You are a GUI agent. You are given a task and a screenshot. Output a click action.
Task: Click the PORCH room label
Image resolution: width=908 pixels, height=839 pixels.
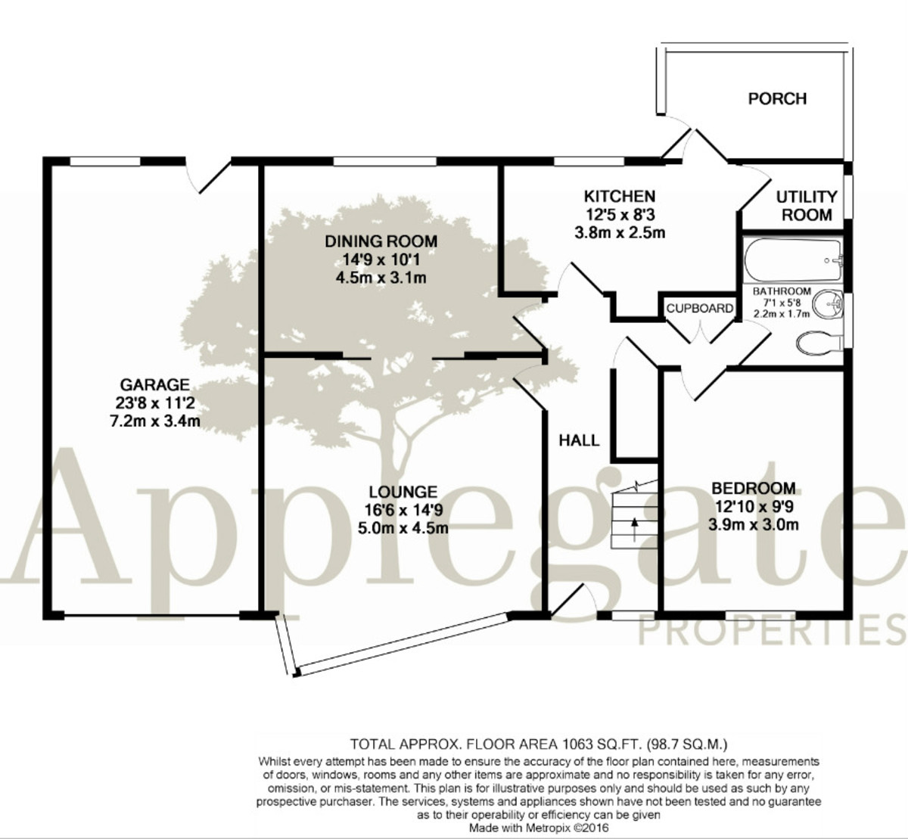(x=777, y=99)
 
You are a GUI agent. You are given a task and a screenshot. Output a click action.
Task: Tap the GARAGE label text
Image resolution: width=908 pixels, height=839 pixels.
(x=154, y=384)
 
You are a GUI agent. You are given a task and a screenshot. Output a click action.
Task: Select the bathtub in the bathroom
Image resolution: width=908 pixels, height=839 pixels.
(x=793, y=259)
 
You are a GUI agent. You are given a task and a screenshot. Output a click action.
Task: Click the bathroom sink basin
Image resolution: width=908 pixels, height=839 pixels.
(x=829, y=304)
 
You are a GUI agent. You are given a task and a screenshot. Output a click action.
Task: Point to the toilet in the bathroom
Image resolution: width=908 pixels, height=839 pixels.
(x=819, y=343)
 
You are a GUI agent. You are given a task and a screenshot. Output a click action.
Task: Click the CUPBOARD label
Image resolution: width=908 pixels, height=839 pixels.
(x=699, y=308)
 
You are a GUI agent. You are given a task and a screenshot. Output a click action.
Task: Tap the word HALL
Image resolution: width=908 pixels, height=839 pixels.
(x=579, y=440)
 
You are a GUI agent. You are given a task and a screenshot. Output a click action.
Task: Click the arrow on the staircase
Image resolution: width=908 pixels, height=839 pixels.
(x=634, y=529)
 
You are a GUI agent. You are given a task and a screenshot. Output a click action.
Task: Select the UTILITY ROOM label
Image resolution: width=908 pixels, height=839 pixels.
(x=807, y=206)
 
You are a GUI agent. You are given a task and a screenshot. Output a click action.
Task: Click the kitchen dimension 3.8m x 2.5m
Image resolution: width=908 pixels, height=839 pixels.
(x=620, y=233)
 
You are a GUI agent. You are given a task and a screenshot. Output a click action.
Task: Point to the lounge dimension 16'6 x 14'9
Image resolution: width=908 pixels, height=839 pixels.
(x=403, y=510)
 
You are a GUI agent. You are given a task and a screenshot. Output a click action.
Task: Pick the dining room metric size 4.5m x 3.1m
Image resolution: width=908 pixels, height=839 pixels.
(x=381, y=278)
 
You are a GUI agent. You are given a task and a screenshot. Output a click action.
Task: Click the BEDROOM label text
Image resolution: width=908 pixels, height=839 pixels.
(x=754, y=488)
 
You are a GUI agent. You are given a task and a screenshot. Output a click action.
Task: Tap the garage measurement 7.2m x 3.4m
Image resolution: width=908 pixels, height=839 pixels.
(x=155, y=421)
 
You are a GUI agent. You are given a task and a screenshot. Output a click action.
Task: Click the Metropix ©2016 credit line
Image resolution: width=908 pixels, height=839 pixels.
(x=539, y=828)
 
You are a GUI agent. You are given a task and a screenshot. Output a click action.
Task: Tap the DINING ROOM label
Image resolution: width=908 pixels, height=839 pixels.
(x=381, y=241)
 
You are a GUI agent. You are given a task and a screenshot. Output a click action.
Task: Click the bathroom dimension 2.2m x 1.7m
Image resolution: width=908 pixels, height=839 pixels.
(x=782, y=314)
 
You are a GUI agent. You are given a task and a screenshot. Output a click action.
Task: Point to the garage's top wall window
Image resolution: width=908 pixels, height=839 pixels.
(x=104, y=161)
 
